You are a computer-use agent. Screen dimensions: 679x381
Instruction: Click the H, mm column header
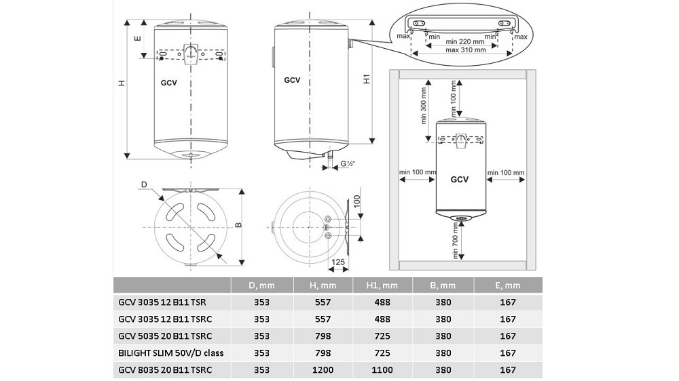coord(323,285)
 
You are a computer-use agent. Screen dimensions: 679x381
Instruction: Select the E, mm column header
coord(507,285)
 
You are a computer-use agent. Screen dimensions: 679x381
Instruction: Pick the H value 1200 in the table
coord(323,369)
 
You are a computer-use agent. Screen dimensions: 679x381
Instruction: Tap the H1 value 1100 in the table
coord(382,369)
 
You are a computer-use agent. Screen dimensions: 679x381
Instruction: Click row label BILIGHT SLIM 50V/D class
coord(171,353)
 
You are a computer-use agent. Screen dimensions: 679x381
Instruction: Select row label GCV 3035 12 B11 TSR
coord(162,302)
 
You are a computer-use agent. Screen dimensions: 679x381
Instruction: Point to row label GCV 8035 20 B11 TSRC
coord(165,369)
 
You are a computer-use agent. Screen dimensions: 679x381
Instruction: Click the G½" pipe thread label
coord(348,164)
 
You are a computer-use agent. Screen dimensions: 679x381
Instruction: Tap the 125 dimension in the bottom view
coord(337,262)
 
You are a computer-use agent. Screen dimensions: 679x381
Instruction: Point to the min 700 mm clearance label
coord(455,241)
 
